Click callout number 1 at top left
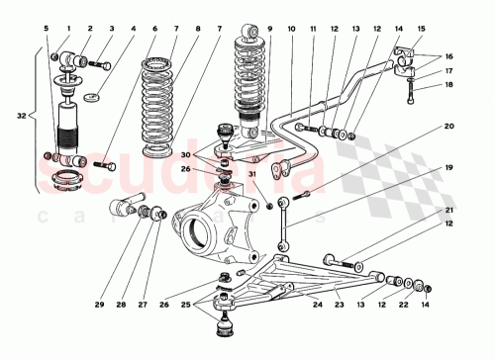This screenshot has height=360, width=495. click(68, 29)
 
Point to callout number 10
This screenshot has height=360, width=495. click(291, 29)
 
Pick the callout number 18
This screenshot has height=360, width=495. click(447, 87)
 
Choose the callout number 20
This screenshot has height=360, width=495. click(447, 126)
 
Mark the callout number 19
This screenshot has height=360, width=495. click(447, 169)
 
